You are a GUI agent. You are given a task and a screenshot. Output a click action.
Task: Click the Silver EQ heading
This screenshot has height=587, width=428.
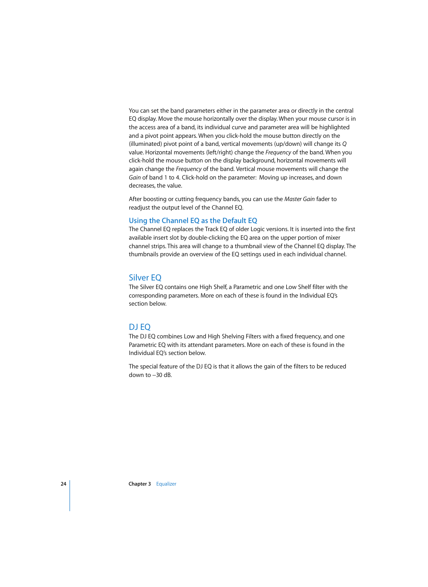[x=145, y=278]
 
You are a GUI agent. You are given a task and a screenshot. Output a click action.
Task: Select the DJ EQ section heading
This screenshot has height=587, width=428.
[x=140, y=327]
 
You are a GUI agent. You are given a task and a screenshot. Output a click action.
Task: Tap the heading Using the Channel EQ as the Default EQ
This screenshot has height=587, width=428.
[x=193, y=221]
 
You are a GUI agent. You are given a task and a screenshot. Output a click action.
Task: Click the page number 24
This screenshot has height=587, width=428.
[x=63, y=484]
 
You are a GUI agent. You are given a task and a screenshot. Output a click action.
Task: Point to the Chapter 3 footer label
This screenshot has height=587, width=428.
[x=140, y=484]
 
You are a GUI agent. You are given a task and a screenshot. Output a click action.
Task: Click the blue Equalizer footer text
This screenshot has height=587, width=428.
[x=166, y=484]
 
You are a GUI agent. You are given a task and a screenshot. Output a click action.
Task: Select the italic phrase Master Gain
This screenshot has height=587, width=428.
[x=299, y=199]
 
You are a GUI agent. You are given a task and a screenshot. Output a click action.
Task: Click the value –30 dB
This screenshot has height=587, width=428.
[x=162, y=375]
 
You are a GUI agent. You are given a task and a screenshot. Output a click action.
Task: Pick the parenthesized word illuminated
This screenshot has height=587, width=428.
[x=145, y=144]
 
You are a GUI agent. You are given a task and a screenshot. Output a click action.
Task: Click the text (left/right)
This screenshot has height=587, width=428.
[x=219, y=153]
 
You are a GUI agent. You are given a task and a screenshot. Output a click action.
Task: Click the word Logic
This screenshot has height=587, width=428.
[x=258, y=229]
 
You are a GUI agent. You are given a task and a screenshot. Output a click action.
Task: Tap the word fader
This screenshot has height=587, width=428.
[x=323, y=199]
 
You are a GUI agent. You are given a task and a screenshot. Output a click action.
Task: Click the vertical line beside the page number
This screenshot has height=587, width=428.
[x=70, y=495]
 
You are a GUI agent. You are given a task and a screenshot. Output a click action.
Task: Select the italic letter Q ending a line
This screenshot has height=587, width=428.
[x=344, y=144]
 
